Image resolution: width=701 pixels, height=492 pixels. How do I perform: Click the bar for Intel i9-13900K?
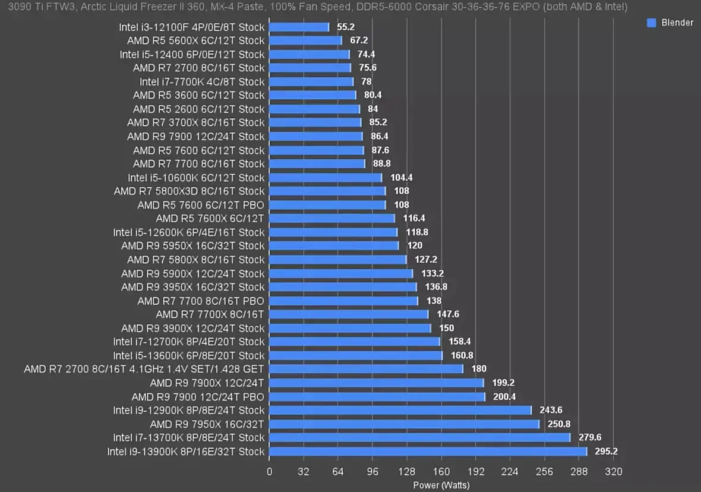(428, 452)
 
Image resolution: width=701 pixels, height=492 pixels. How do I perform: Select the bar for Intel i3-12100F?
(299, 27)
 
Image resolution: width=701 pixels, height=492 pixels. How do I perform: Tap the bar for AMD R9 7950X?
(404, 424)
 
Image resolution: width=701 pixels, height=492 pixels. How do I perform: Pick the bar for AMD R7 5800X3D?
(327, 191)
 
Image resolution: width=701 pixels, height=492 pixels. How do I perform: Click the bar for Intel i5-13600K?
(356, 356)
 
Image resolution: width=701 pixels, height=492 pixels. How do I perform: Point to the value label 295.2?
(605, 452)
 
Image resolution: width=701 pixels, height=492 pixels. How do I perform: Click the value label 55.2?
(346, 27)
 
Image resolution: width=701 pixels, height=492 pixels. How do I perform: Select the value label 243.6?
(551, 411)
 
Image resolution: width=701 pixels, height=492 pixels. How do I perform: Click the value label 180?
(479, 370)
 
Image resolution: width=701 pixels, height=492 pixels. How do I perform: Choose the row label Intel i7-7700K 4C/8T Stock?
(202, 82)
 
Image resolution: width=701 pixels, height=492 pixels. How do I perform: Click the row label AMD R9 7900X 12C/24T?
(207, 383)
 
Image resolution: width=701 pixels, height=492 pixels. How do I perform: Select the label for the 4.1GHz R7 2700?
(144, 370)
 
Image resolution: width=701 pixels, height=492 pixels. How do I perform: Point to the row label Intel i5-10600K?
(195, 178)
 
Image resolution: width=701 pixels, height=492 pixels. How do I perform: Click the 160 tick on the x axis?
(441, 472)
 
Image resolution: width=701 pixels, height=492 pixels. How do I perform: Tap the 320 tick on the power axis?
(613, 472)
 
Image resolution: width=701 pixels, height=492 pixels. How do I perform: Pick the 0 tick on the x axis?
(270, 472)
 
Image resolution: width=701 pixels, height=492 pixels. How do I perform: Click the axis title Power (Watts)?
(441, 485)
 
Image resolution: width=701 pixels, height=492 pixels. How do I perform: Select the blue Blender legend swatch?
(651, 23)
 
